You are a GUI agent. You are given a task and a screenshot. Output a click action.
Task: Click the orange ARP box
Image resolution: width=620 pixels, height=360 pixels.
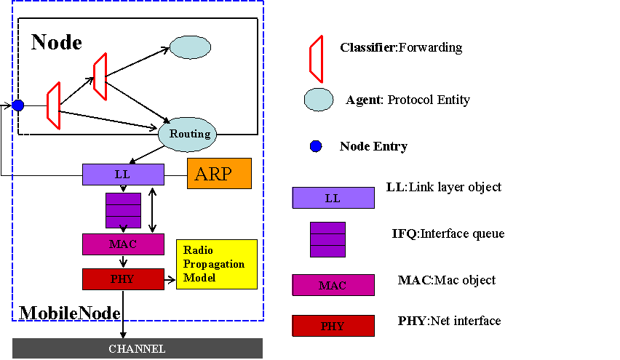click(x=219, y=174)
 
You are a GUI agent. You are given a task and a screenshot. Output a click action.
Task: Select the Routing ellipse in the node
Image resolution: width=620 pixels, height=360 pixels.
click(x=189, y=134)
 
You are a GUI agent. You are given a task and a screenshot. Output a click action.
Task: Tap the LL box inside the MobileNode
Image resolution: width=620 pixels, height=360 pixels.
click(x=123, y=175)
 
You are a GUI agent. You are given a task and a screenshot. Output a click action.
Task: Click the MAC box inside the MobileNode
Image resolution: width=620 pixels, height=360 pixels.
click(x=123, y=244)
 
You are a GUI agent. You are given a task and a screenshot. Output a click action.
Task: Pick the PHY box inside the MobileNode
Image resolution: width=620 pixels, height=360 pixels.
click(x=123, y=279)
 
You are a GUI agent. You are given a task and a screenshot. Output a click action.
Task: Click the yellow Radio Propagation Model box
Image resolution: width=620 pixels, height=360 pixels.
click(x=217, y=263)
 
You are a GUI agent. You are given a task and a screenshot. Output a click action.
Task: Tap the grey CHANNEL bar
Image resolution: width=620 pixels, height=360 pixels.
click(x=137, y=349)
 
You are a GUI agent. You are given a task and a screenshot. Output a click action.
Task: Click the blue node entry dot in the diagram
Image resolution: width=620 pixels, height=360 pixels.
click(x=18, y=105)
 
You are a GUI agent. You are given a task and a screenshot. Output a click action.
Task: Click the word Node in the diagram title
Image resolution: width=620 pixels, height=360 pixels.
click(x=56, y=42)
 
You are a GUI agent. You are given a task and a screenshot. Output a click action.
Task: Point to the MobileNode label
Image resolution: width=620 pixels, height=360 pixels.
click(x=69, y=313)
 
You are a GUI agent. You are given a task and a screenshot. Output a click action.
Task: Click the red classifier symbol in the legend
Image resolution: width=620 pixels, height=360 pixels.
click(x=316, y=60)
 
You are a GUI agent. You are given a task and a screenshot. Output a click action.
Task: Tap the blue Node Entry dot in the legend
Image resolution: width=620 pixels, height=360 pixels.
click(x=316, y=146)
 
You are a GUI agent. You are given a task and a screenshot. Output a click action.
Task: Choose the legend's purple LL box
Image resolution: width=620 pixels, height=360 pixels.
click(x=333, y=197)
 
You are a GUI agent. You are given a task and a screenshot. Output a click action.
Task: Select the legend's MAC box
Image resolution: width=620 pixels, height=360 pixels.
click(x=333, y=285)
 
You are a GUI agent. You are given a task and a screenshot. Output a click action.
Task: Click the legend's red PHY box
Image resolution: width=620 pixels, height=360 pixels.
click(x=333, y=326)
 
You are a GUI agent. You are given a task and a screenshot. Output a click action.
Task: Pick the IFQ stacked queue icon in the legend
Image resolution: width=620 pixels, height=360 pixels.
click(x=327, y=239)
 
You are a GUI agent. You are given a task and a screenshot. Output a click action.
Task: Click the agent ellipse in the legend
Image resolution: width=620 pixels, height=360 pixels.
click(x=319, y=100)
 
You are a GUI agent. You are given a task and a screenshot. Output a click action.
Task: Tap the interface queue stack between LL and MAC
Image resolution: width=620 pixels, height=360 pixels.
click(x=123, y=210)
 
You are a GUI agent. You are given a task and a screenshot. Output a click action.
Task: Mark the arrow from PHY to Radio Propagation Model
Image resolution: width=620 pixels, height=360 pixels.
click(x=170, y=279)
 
